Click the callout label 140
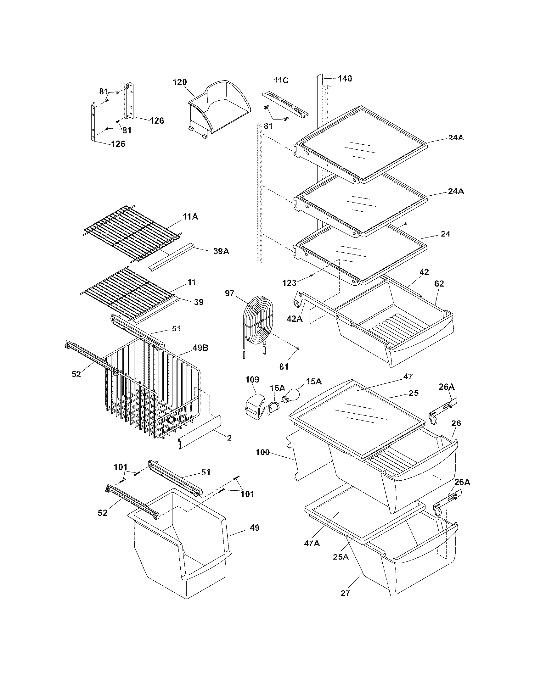click(x=345, y=78)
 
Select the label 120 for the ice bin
click(x=180, y=82)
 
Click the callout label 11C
click(x=281, y=81)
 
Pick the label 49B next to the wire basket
click(x=200, y=348)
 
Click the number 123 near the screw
click(x=289, y=283)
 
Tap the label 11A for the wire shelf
click(x=190, y=217)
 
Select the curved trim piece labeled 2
click(x=200, y=431)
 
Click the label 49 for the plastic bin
click(x=255, y=527)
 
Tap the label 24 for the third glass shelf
click(x=445, y=234)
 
